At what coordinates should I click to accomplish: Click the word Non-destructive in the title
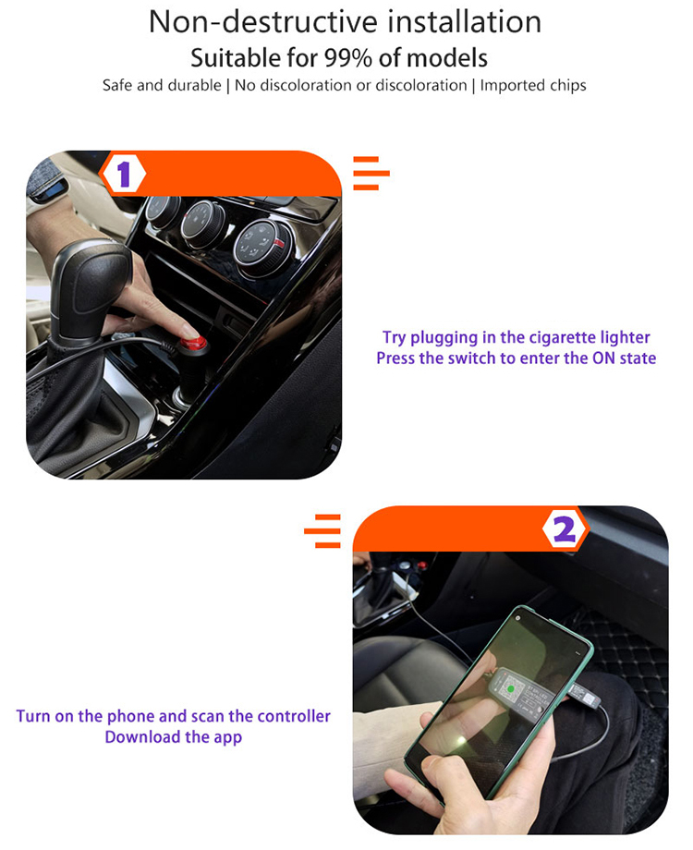tap(263, 22)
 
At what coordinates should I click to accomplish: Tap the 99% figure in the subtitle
tap(348, 58)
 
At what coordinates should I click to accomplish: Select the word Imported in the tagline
tap(512, 86)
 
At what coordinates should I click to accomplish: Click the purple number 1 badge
tap(124, 175)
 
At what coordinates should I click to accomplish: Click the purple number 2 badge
tap(565, 529)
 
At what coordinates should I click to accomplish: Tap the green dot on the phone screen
tap(510, 689)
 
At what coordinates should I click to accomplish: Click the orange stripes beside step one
tap(371, 174)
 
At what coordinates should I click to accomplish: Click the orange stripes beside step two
tap(322, 530)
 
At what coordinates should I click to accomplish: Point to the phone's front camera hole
tap(517, 617)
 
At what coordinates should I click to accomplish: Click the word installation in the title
tap(464, 22)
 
